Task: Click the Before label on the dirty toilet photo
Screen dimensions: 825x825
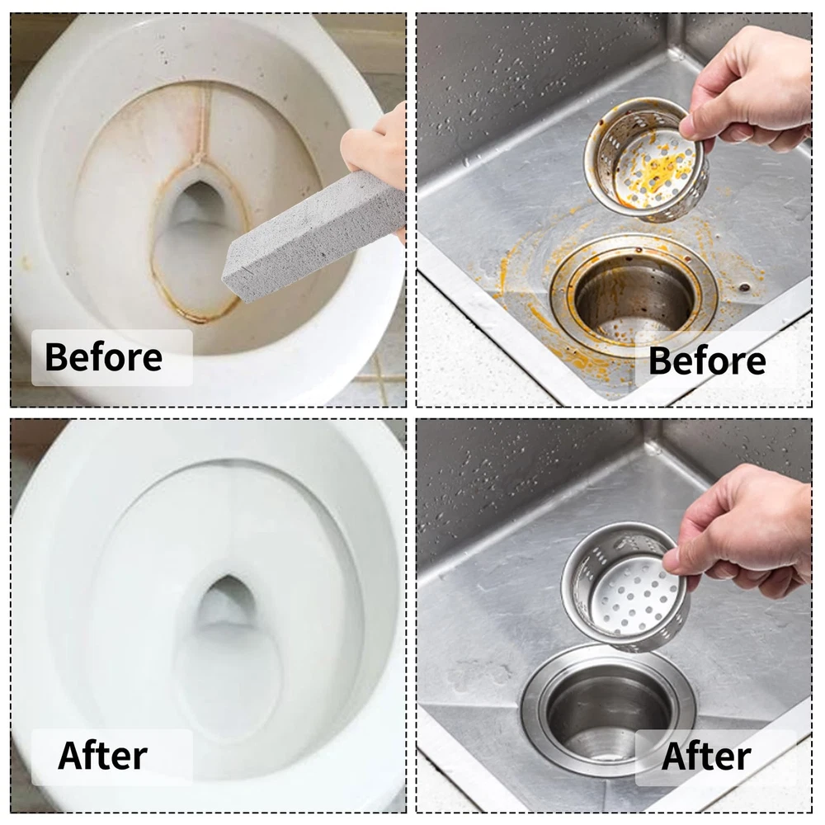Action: click(x=104, y=356)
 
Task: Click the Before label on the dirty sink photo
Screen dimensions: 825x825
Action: click(x=707, y=361)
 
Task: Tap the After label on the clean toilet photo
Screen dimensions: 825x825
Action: click(x=102, y=756)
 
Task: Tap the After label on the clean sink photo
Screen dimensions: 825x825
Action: click(x=706, y=757)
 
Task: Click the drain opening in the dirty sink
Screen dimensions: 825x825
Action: click(x=634, y=300)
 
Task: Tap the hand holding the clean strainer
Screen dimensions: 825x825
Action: click(x=742, y=531)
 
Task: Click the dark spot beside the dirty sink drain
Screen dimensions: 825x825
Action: click(x=744, y=287)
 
